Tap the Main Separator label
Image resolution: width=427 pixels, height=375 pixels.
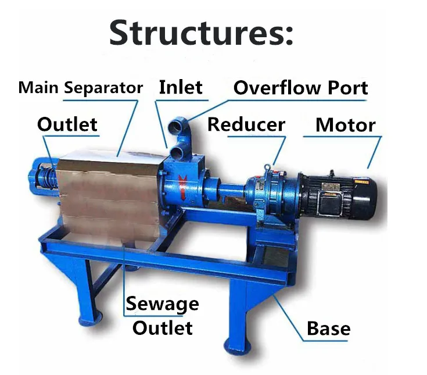[x=80, y=88]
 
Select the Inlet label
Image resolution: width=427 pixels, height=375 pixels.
[x=181, y=87]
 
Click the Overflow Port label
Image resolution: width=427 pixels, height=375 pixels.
[x=300, y=88]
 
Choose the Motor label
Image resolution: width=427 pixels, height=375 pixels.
[x=345, y=125]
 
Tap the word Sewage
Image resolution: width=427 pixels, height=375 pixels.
[x=162, y=303]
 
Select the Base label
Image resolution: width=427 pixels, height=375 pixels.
[x=328, y=329]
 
